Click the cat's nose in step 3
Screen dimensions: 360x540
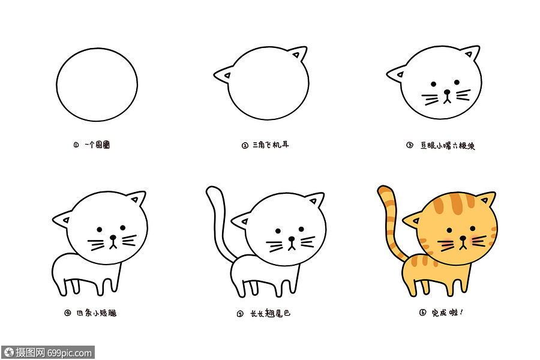[x=446, y=93]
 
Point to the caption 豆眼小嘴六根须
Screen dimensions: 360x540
[x=448, y=145]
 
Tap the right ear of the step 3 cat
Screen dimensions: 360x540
[x=472, y=55]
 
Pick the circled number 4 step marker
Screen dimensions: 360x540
[x=67, y=313]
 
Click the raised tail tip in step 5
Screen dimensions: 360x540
[x=212, y=192]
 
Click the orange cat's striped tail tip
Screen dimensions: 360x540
[x=383, y=192]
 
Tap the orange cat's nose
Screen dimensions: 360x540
[x=463, y=238]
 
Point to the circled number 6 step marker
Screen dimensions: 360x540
[x=422, y=313]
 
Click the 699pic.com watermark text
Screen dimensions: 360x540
[x=71, y=352]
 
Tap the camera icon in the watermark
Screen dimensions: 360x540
[x=8, y=352]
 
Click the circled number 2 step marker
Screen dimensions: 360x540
[x=245, y=145]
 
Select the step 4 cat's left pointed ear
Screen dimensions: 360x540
[x=62, y=220]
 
